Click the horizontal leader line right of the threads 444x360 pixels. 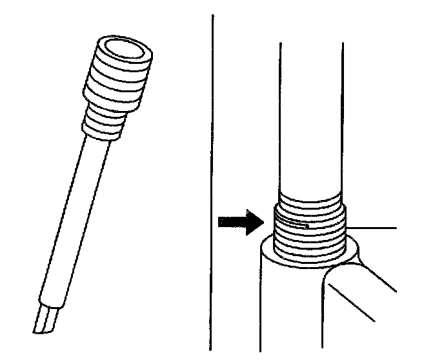[x=371, y=228]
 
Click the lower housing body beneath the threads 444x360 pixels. [x=290, y=310]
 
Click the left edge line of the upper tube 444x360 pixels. [x=281, y=116]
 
